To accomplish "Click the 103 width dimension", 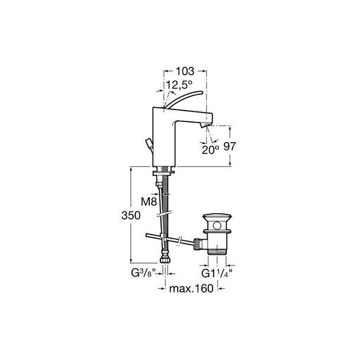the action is pyautogui.click(x=185, y=72).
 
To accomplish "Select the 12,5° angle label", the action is pyautogui.click(x=179, y=85).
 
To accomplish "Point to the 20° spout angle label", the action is pyautogui.click(x=210, y=150).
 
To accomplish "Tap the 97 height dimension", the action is pyautogui.click(x=230, y=146).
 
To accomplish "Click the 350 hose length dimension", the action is pyautogui.click(x=131, y=216).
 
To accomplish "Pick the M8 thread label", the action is pyautogui.click(x=149, y=202).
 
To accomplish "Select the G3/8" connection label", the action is pyautogui.click(x=143, y=273).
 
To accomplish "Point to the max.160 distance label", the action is pyautogui.click(x=191, y=288).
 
